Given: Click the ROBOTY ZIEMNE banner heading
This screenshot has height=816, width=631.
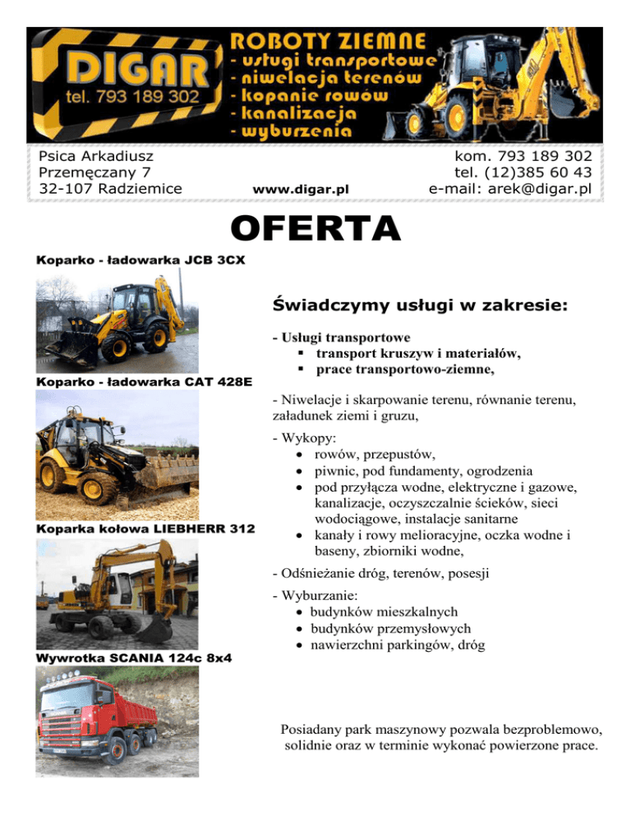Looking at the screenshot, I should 328,41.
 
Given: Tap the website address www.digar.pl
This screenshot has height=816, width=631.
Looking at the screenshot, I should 302,190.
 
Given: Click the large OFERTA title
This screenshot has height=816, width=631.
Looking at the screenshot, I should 316,229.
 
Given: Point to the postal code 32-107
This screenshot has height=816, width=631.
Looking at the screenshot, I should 64,189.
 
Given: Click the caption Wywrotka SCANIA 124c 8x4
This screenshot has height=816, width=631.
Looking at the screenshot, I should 133,657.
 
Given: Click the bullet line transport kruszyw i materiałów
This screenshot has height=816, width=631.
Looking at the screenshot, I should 418,353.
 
